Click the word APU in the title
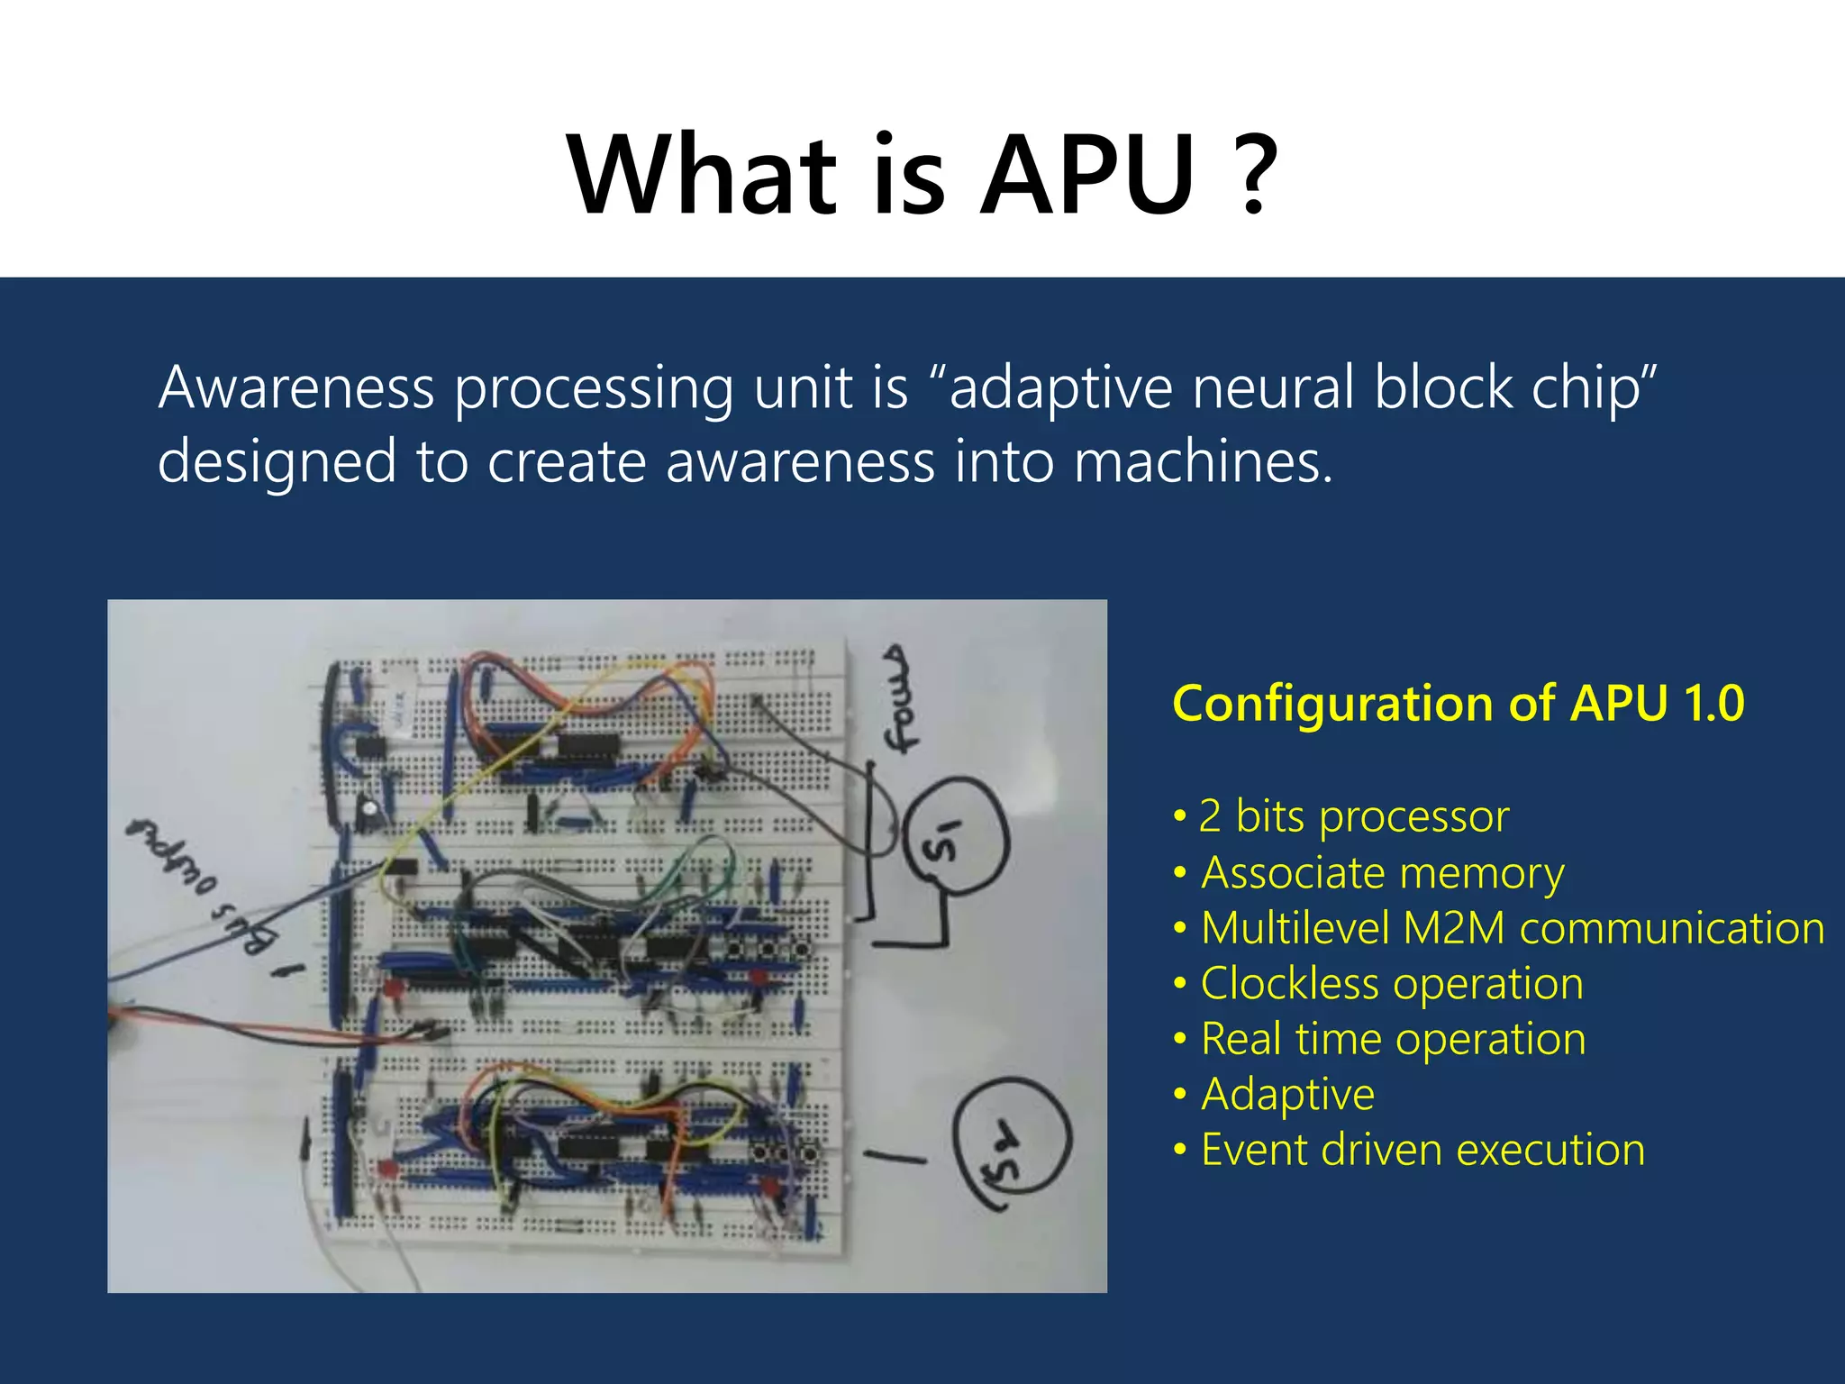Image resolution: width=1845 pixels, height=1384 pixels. [x=1087, y=176]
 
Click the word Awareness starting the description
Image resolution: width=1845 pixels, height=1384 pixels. [x=296, y=387]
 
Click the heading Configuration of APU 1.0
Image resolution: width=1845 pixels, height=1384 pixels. [x=1458, y=704]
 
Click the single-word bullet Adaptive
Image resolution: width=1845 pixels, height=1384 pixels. [x=1287, y=1095]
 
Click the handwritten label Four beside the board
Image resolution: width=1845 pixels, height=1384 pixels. [x=900, y=699]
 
